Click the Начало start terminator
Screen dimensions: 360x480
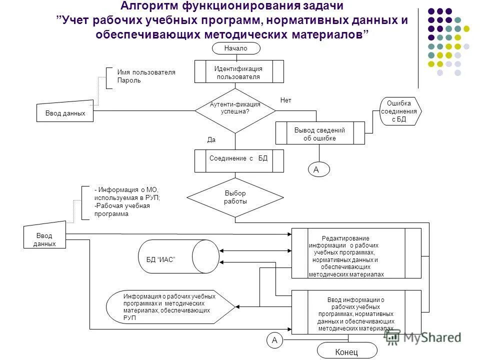point(236,48)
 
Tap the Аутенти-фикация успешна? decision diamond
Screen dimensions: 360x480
point(235,110)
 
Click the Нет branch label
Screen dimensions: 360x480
point(285,100)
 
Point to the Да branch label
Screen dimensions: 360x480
point(211,140)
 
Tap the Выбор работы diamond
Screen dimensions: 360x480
point(235,197)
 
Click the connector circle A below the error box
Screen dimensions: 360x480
point(316,170)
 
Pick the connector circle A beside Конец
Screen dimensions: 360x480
point(274,340)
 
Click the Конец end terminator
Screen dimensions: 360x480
point(346,351)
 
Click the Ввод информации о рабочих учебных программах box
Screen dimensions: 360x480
point(356,312)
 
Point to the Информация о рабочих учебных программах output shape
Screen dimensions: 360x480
point(170,306)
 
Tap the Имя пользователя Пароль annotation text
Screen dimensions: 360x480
point(146,76)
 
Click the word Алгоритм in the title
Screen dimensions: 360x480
point(150,6)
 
